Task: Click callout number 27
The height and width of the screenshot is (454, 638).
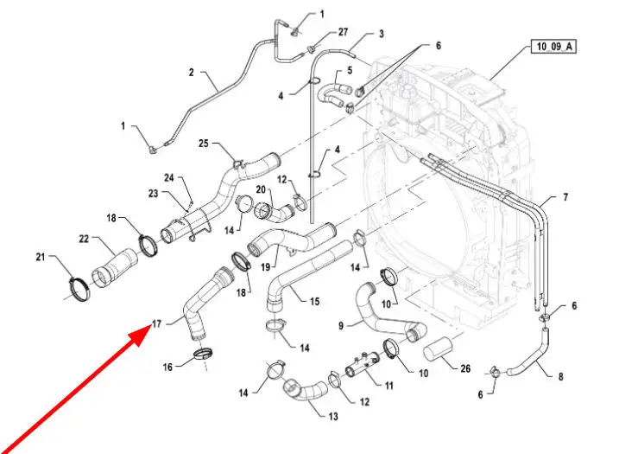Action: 343,33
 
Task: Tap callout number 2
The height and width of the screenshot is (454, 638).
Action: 192,74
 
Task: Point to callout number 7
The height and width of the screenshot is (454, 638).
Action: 565,198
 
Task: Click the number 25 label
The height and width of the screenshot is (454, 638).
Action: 204,144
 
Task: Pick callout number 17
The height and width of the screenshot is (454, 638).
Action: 156,324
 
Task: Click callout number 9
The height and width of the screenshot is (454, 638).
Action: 340,326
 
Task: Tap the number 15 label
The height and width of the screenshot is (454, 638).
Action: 314,302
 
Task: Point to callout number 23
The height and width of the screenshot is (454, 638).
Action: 153,194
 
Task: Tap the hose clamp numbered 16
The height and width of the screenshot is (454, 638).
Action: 205,353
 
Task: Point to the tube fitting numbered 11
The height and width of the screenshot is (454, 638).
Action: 363,366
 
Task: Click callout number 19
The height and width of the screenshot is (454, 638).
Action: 267,267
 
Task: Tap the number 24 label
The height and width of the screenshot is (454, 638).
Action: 170,179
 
